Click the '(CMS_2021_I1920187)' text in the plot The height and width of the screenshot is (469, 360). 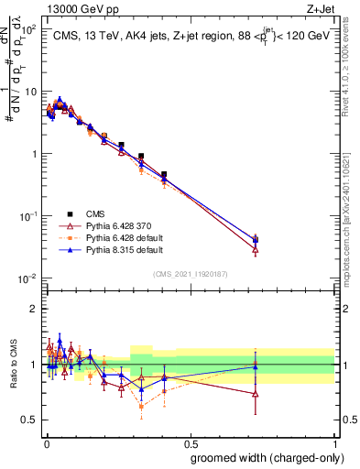point(190,273)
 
